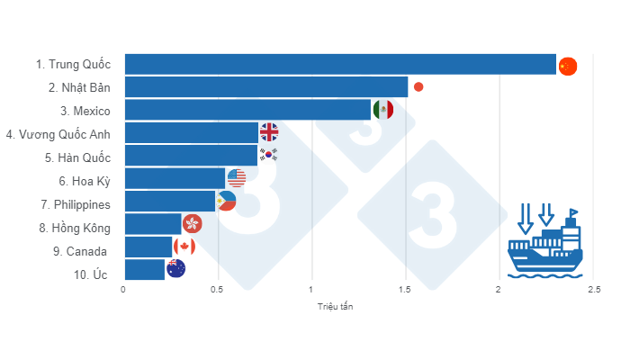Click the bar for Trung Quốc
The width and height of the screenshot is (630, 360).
pyautogui.click(x=340, y=64)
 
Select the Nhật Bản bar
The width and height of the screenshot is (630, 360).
pyautogui.click(x=265, y=87)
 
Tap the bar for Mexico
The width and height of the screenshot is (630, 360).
pyautogui.click(x=247, y=110)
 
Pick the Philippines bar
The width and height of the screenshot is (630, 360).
pyautogui.click(x=170, y=201)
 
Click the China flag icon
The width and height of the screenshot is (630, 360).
pyautogui.click(x=567, y=66)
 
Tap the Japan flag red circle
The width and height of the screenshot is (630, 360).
pyautogui.click(x=418, y=87)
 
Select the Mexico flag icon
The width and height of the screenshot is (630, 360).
pyautogui.click(x=382, y=110)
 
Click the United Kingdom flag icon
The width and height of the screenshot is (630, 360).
pyautogui.click(x=269, y=132)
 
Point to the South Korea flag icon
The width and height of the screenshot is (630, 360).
pyautogui.click(x=268, y=155)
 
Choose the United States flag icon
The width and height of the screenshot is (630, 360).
pyautogui.click(x=236, y=177)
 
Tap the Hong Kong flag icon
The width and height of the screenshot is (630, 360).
pyautogui.click(x=192, y=223)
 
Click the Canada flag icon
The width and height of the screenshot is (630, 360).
pyautogui.click(x=184, y=247)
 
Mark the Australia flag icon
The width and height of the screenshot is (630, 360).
pyautogui.click(x=176, y=268)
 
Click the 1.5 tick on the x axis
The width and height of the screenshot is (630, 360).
pyautogui.click(x=405, y=289)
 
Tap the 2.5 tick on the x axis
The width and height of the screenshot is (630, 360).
pyautogui.click(x=592, y=289)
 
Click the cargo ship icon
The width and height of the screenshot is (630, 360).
pyautogui.click(x=545, y=241)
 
